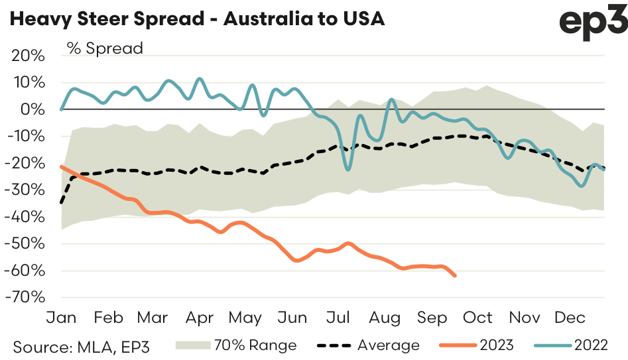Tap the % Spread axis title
tap(103, 48)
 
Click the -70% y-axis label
tap(26, 297)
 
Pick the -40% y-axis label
tap(26, 217)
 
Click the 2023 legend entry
tap(496, 345)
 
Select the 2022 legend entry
tap(592, 345)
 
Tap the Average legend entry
tap(389, 345)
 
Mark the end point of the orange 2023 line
tap(455, 276)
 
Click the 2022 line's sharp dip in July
tap(347, 170)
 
